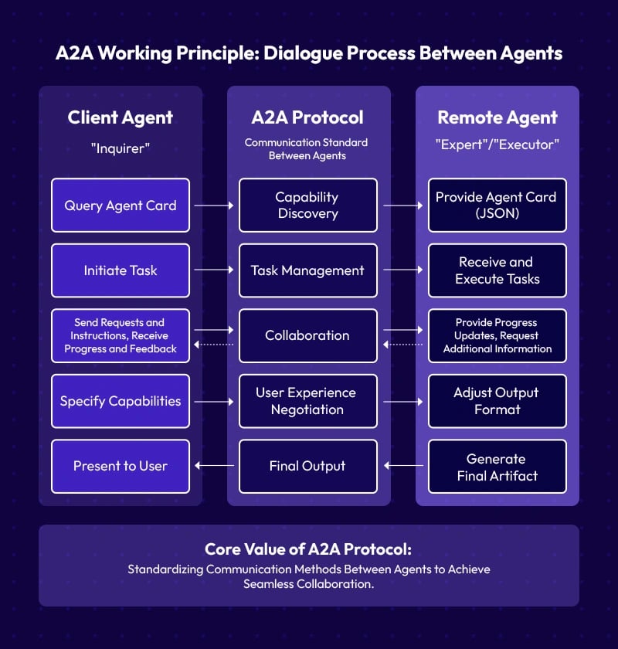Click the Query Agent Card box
(121, 206)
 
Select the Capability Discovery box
(307, 206)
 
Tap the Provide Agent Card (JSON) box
(497, 206)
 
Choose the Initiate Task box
(121, 270)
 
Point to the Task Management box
(307, 270)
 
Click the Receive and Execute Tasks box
(497, 270)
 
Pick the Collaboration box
(307, 335)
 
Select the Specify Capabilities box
(121, 401)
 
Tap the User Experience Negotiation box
(307, 401)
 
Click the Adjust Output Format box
(497, 401)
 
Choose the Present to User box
(121, 466)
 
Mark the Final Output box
(307, 466)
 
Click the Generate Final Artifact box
(497, 466)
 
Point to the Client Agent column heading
(121, 118)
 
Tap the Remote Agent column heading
(497, 118)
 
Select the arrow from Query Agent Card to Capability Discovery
(214, 206)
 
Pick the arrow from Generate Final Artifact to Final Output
(403, 466)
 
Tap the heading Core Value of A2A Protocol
(308, 549)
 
